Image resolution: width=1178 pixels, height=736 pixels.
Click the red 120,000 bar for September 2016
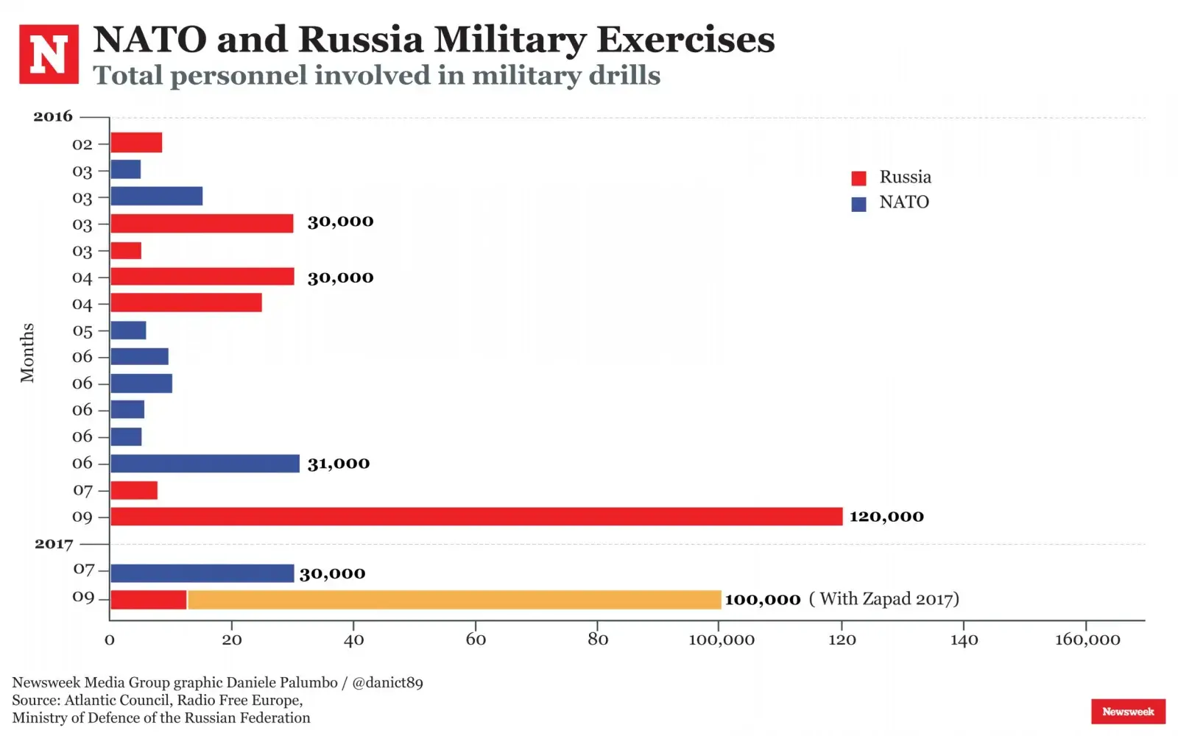click(476, 517)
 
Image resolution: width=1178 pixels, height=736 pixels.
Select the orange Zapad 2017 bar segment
click(454, 600)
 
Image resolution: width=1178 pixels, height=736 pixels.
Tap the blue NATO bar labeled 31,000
click(205, 464)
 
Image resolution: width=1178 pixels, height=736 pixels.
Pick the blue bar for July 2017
click(202, 573)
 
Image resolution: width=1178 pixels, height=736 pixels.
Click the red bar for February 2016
click(136, 143)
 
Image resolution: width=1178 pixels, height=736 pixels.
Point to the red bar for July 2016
click(134, 490)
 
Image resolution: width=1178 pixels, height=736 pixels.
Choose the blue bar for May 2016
click(128, 330)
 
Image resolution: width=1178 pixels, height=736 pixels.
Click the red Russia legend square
click(858, 178)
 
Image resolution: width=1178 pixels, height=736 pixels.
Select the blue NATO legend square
click(858, 204)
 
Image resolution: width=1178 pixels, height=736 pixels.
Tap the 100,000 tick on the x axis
click(722, 640)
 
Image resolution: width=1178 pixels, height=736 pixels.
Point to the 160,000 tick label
click(1087, 640)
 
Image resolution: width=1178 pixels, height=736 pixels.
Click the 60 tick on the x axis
click(476, 640)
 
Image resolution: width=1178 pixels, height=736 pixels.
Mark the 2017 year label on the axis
click(54, 544)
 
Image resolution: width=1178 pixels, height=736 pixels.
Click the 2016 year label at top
click(53, 116)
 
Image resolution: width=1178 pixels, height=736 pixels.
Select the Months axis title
click(27, 353)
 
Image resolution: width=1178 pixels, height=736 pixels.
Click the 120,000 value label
click(886, 517)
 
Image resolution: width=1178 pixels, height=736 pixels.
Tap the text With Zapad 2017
click(884, 599)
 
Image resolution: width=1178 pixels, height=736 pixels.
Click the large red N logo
click(49, 54)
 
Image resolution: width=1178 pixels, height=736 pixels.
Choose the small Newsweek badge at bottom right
click(1128, 712)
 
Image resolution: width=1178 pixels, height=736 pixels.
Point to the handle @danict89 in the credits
click(387, 683)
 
